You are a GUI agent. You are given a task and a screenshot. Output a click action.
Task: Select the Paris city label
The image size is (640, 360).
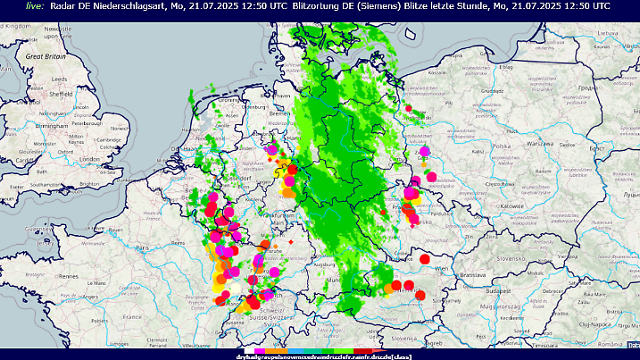[140, 247]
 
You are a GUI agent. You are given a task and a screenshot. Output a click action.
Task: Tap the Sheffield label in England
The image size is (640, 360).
[60, 93]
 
